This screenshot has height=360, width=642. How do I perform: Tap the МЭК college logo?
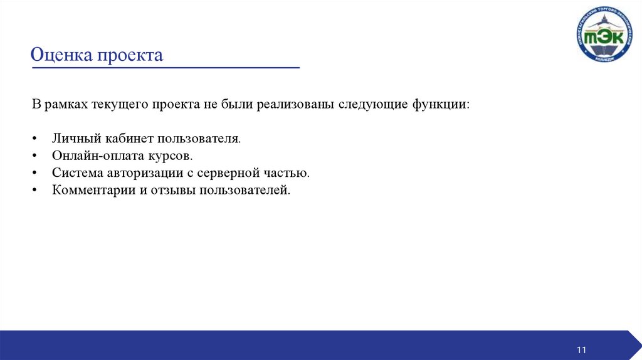click(604, 34)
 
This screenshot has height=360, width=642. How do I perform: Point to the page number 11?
click(581, 349)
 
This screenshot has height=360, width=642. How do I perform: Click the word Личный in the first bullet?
click(73, 138)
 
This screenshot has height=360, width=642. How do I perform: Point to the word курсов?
click(169, 155)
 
